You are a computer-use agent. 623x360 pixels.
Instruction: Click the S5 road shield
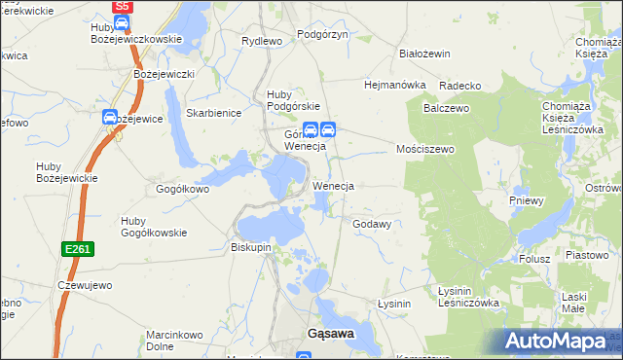122,6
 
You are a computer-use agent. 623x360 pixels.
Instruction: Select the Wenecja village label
333,185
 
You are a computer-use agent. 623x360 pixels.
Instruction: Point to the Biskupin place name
251,247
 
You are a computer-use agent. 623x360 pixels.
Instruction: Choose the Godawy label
372,224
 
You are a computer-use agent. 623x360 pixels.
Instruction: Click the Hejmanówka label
395,85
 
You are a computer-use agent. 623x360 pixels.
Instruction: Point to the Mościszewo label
426,150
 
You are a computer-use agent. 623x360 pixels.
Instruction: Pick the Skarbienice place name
213,113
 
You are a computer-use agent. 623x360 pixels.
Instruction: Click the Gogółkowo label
183,189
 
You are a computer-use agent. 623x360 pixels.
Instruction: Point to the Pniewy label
527,200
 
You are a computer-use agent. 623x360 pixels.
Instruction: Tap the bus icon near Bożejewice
111,118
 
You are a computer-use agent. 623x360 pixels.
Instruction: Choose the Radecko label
461,86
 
